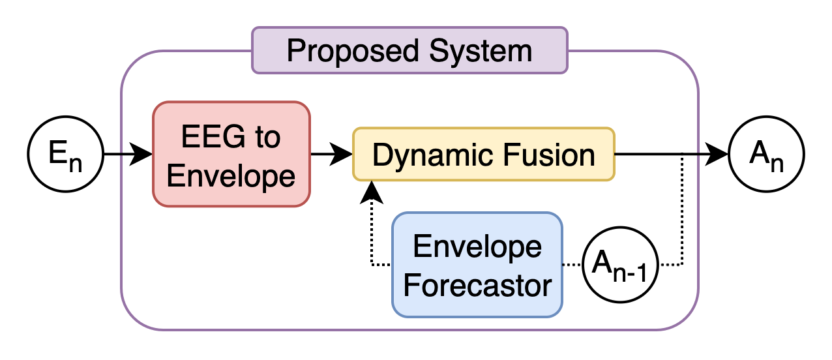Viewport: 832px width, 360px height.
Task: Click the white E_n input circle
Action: tap(66, 155)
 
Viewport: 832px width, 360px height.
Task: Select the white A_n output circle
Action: tap(766, 155)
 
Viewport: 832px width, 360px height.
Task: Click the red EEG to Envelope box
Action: tap(231, 155)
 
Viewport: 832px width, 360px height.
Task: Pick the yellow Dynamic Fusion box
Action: tap(483, 154)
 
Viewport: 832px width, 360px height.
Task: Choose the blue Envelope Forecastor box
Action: tap(477, 264)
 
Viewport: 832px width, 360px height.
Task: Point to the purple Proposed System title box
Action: tap(409, 50)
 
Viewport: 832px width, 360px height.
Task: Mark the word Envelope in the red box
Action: tap(231, 176)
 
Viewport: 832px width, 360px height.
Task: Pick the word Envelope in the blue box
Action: tap(477, 247)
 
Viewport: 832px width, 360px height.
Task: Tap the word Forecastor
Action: tap(477, 285)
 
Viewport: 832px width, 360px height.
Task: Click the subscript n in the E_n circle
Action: tap(76, 163)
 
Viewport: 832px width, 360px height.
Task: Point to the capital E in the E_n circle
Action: tap(57, 153)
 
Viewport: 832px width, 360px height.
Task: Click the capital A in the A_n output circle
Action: tap(758, 153)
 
